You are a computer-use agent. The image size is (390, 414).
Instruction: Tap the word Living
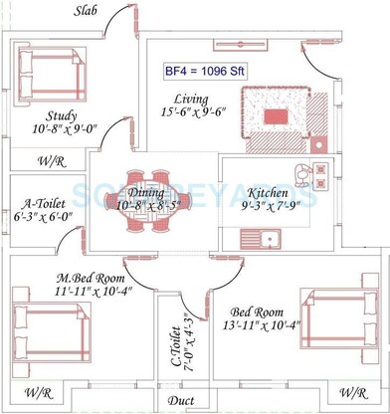point(190,100)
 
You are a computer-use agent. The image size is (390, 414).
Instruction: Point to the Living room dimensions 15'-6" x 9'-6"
point(190,114)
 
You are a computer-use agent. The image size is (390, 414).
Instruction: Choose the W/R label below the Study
point(49,159)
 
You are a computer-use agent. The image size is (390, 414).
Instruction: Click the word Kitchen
point(268,192)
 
